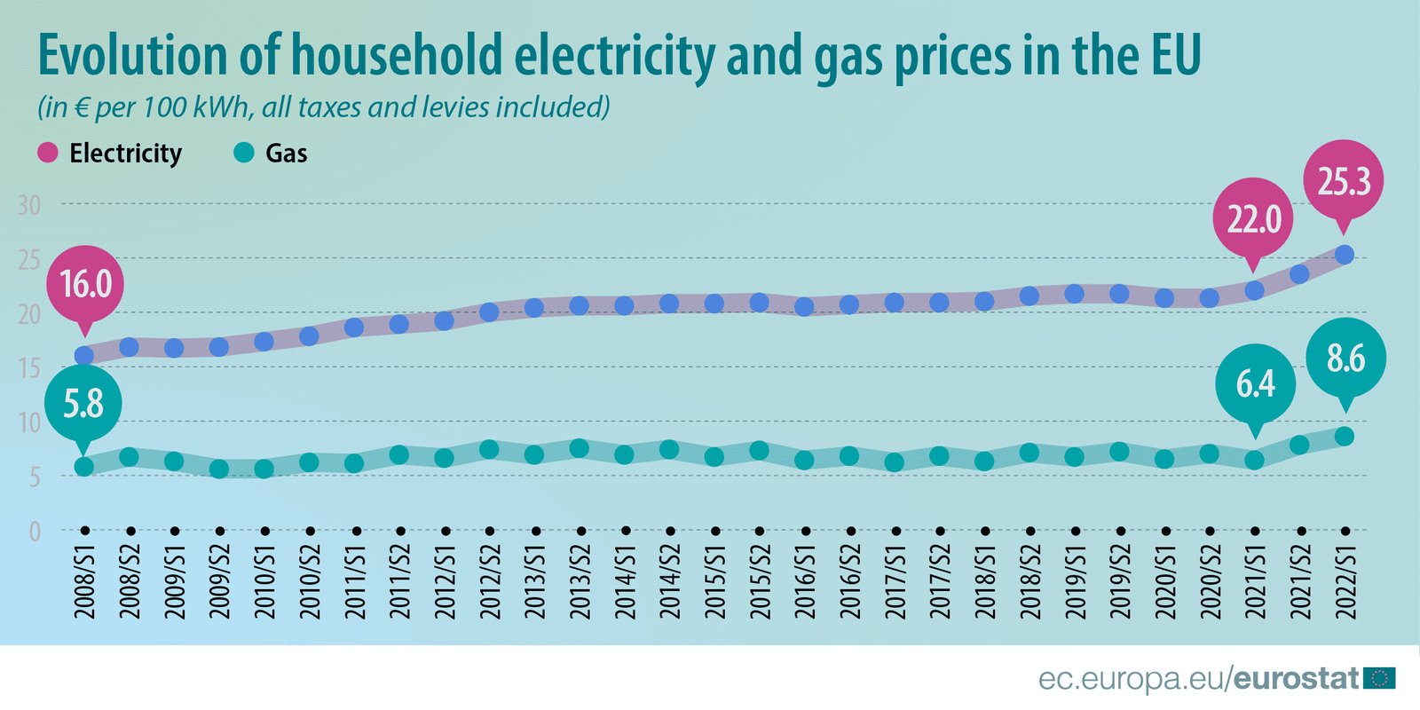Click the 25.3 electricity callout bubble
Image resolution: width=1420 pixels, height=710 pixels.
click(x=1344, y=181)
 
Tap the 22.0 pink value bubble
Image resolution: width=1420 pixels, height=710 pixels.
click(x=1253, y=218)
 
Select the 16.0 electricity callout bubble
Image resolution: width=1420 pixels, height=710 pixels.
click(x=85, y=284)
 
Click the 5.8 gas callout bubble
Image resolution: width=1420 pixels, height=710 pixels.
click(x=83, y=404)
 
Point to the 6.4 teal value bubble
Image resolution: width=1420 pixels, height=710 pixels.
click(x=1255, y=383)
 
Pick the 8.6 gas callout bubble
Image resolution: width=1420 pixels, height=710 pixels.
click(x=1345, y=359)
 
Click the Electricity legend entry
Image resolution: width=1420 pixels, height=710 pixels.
click(x=110, y=154)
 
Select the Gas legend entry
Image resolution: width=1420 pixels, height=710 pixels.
click(x=271, y=154)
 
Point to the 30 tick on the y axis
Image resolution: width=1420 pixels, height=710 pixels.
click(x=29, y=205)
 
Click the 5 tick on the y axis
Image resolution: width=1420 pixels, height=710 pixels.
click(x=35, y=477)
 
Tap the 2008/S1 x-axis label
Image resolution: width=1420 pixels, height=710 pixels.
click(x=84, y=581)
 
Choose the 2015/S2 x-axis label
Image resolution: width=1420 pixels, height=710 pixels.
click(x=760, y=581)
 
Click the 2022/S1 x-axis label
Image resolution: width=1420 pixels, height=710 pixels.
click(x=1345, y=581)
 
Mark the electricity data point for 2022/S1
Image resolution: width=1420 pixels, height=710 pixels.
click(x=1345, y=255)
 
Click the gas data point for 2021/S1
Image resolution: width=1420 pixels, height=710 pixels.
click(x=1254, y=460)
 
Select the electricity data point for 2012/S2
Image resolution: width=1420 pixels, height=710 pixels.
click(x=489, y=312)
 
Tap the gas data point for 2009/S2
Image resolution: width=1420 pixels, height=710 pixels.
click(x=219, y=469)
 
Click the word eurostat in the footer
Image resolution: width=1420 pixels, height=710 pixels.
click(x=1297, y=679)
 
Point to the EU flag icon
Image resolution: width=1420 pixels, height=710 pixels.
click(x=1379, y=678)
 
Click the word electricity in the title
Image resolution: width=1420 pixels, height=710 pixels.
click(x=614, y=55)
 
